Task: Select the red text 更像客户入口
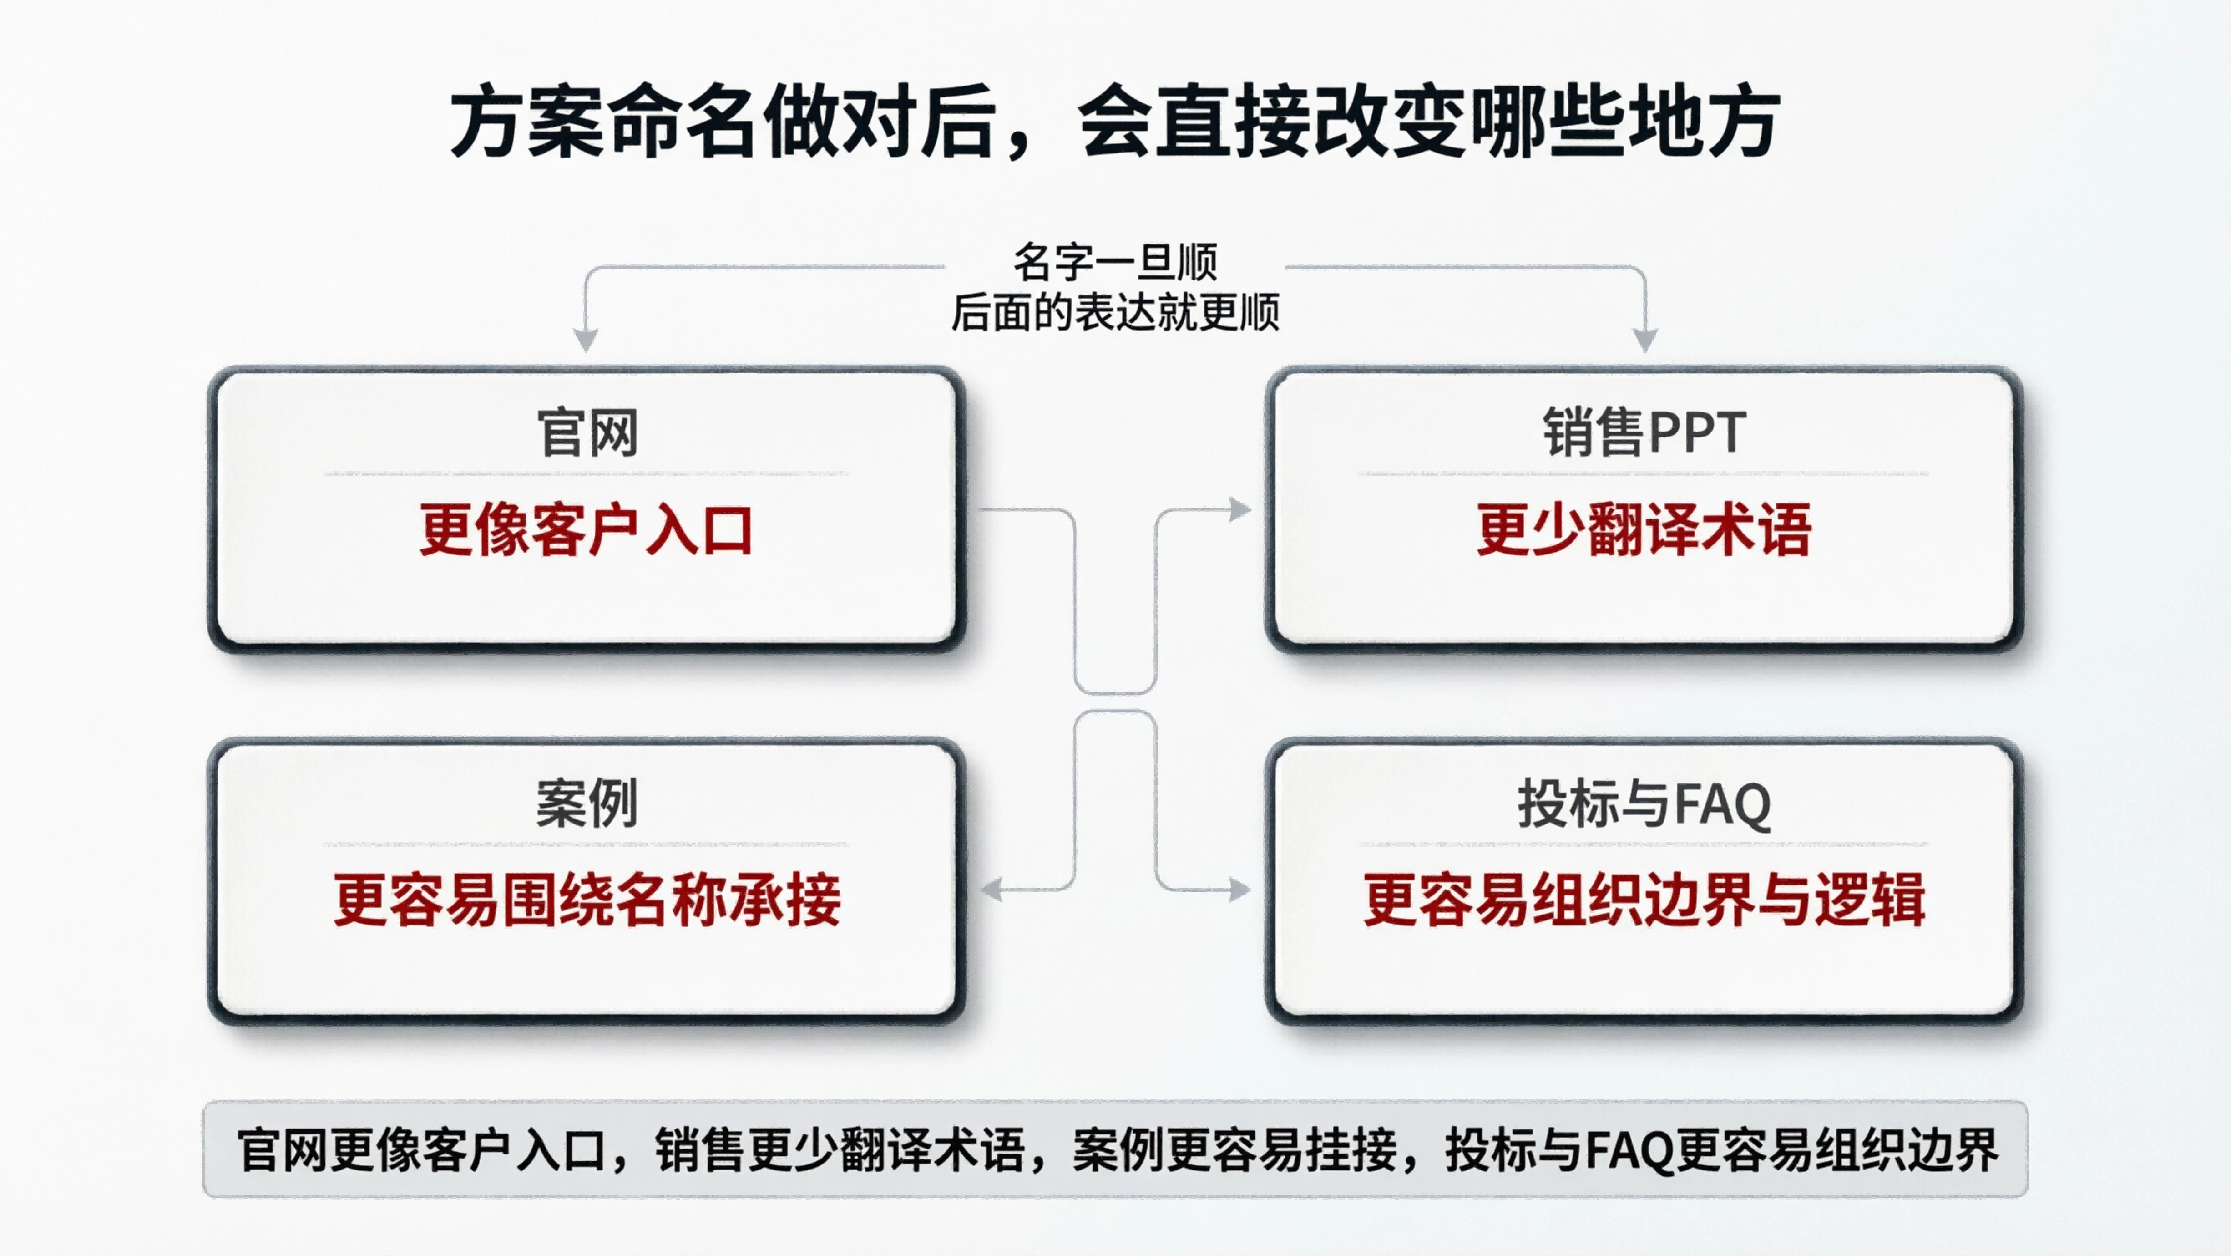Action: pyautogui.click(x=587, y=529)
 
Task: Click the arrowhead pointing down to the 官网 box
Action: pyautogui.click(x=587, y=341)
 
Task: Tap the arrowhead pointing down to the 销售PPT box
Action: pyautogui.click(x=1644, y=341)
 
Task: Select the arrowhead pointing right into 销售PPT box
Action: pyautogui.click(x=1240, y=509)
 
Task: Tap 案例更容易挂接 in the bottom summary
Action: pyautogui.click(x=1233, y=1150)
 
